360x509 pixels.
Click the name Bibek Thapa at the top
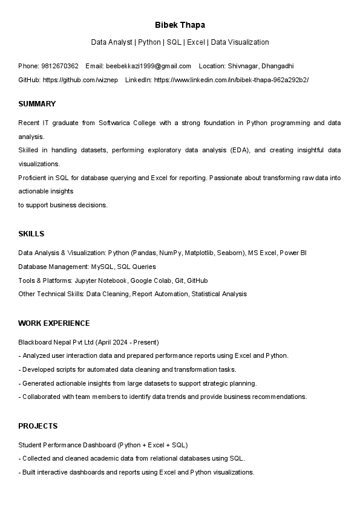pyautogui.click(x=180, y=25)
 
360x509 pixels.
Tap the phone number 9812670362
pyautogui.click(x=60, y=66)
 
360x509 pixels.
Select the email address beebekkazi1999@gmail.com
pyautogui.click(x=148, y=66)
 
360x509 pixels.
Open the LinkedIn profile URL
pyautogui.click(x=231, y=80)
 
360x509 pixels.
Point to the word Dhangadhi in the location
pyautogui.click(x=278, y=66)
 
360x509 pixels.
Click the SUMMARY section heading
pyautogui.click(x=37, y=104)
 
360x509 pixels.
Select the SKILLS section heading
pyautogui.click(x=31, y=234)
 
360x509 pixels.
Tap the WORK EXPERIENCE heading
pyautogui.click(x=54, y=323)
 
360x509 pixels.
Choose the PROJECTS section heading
pyautogui.click(x=38, y=426)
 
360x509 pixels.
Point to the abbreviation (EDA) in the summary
pyautogui.click(x=240, y=150)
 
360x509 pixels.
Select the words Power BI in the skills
pyautogui.click(x=293, y=253)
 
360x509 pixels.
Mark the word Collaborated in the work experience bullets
pyautogui.click(x=42, y=397)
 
